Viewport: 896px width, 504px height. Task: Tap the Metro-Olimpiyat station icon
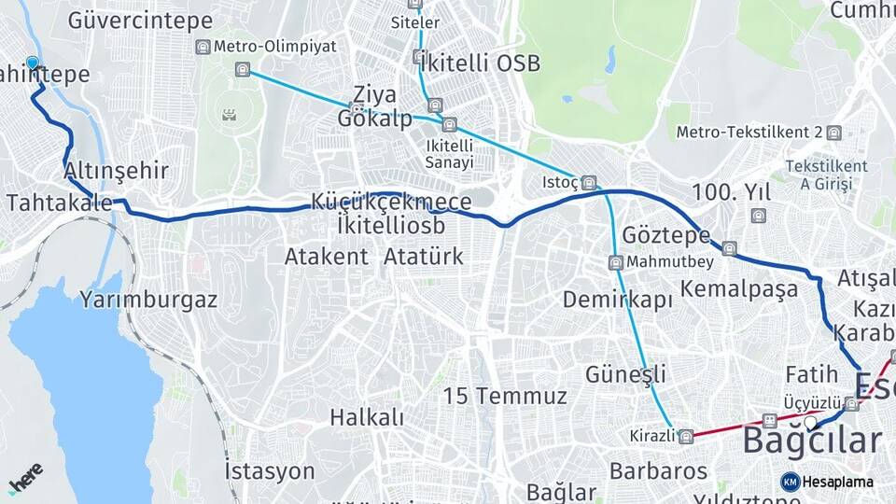[203, 47]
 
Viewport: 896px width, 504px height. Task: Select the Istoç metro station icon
[588, 183]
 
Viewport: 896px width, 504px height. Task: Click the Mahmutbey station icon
[616, 261]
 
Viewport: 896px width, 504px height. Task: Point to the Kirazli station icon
[686, 436]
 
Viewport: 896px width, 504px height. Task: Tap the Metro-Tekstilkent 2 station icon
[833, 133]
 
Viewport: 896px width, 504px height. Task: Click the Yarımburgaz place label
[148, 300]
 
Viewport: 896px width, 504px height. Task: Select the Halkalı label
[367, 417]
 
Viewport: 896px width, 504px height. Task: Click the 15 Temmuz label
[505, 396]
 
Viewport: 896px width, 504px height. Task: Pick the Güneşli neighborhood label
[625, 374]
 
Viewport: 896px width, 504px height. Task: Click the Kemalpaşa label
[739, 288]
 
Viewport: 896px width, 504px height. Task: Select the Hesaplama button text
[836, 482]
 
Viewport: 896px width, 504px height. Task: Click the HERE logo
[25, 479]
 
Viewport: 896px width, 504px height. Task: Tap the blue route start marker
[33, 63]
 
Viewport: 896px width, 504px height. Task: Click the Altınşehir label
[117, 171]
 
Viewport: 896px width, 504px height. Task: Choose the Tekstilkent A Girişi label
[826, 175]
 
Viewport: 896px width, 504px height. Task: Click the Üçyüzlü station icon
[852, 404]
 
